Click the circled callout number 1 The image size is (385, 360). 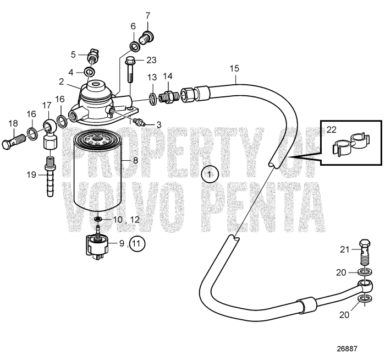(210, 174)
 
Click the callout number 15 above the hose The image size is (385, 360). (235, 69)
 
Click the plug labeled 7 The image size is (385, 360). (148, 37)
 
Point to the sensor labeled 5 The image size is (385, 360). (94, 56)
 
